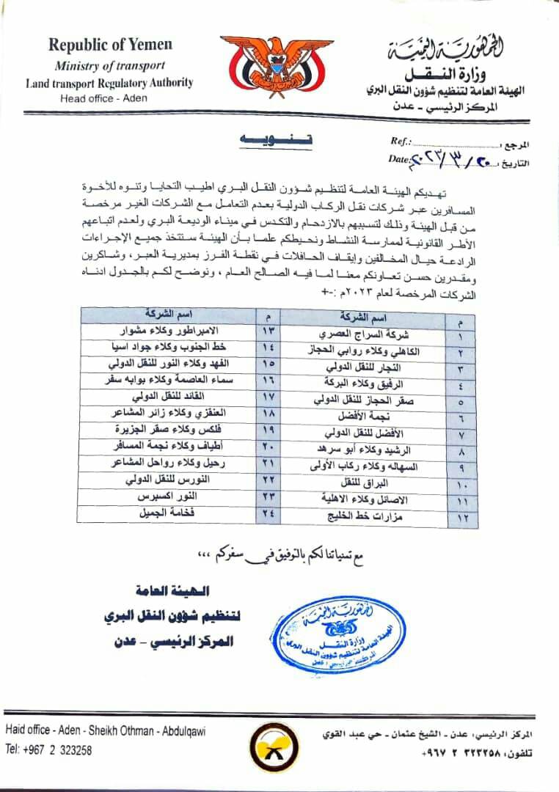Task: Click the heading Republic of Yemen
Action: coord(110,44)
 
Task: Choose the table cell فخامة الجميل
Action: coord(163,513)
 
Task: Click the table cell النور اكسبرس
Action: coord(163,496)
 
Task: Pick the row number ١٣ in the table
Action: coord(266,329)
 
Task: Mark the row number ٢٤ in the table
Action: coord(266,513)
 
